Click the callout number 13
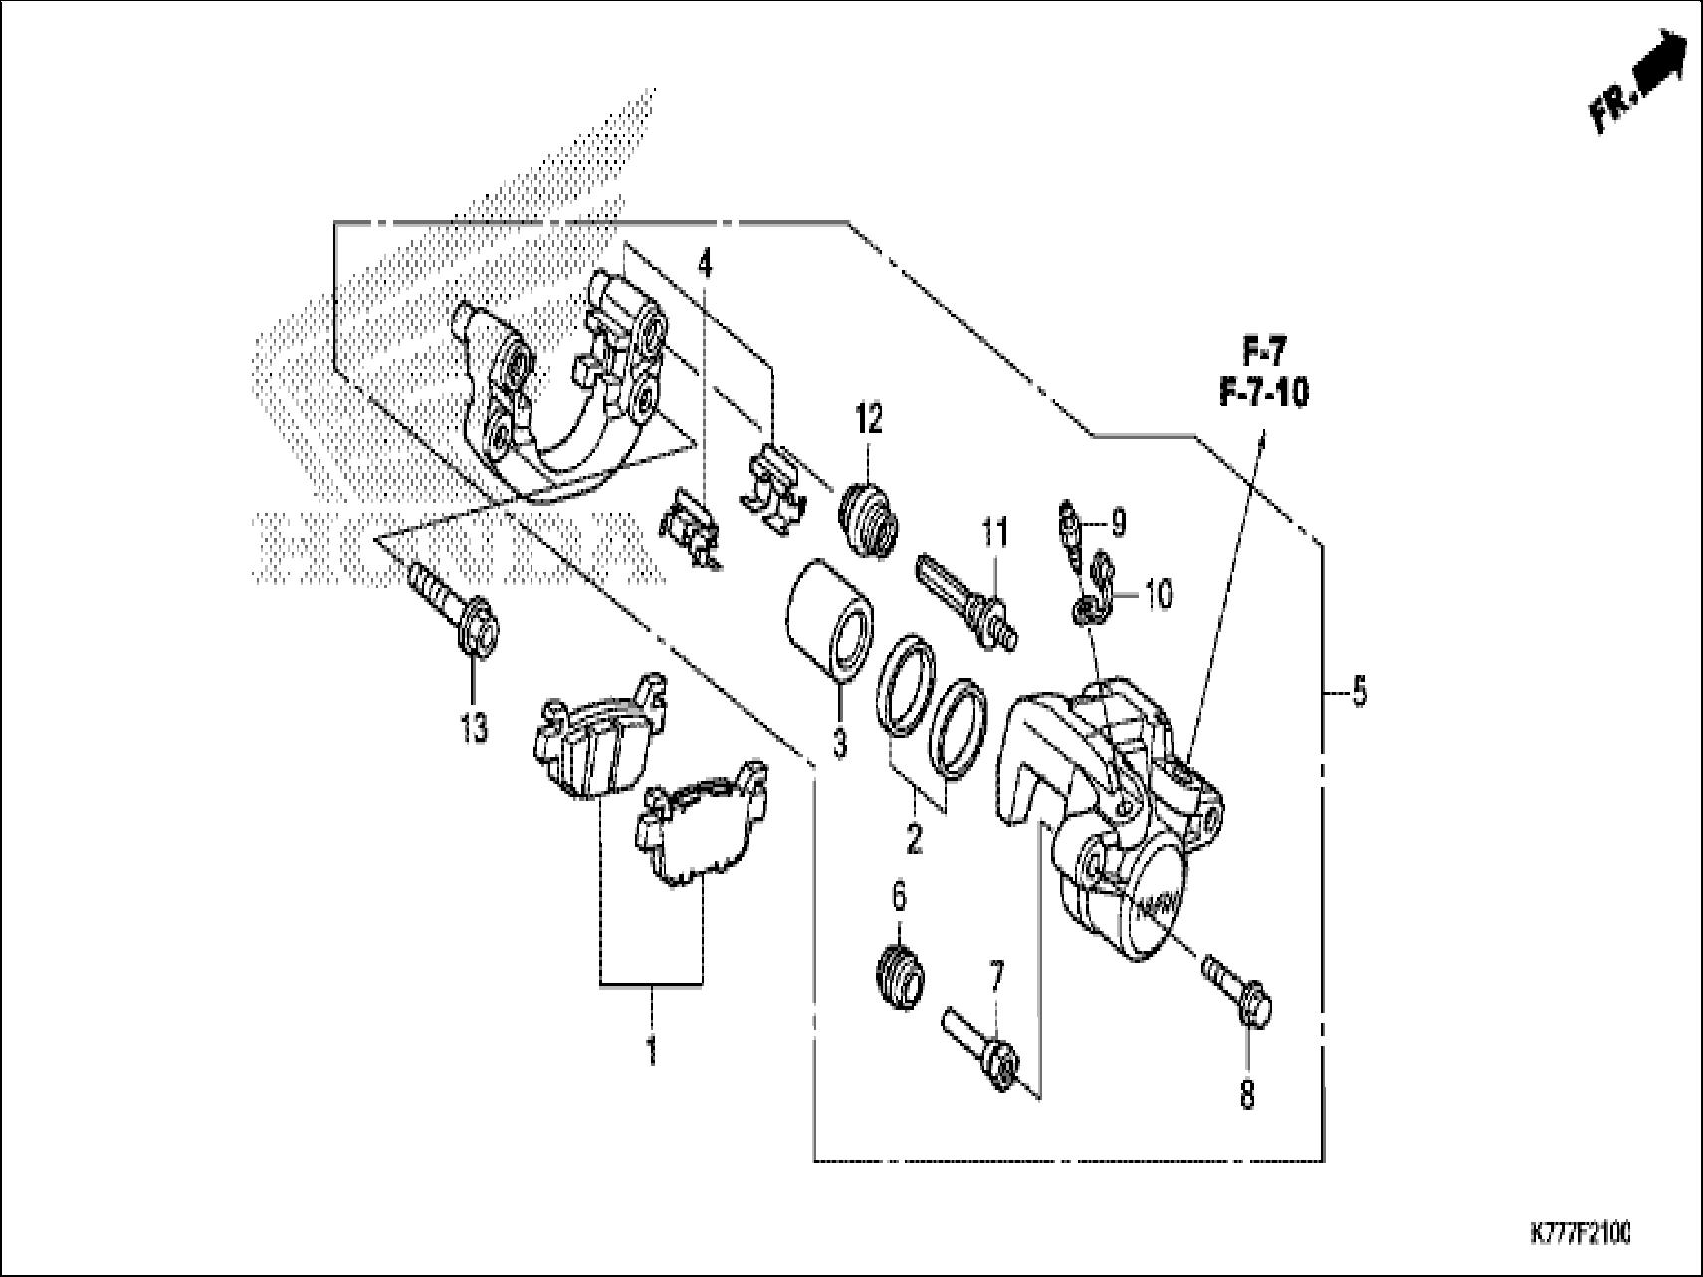pyautogui.click(x=474, y=729)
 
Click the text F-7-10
pyautogui.click(x=1263, y=393)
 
